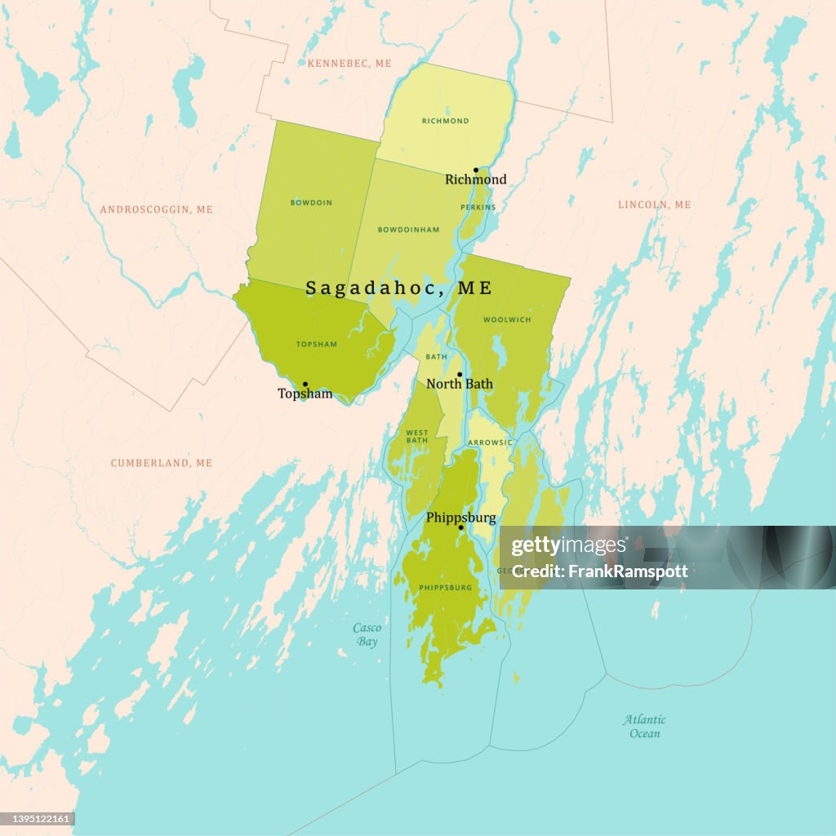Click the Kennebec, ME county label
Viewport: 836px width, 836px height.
(349, 63)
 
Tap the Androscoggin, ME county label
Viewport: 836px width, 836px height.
(156, 210)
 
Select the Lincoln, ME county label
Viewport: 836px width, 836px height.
(654, 205)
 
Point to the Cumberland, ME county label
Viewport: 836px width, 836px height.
(162, 463)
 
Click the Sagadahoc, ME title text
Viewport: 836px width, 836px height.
(398, 288)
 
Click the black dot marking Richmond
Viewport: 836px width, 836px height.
(476, 171)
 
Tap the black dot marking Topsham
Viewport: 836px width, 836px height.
(305, 384)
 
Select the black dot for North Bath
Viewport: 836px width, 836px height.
(460, 375)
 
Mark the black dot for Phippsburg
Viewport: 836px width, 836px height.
(460, 527)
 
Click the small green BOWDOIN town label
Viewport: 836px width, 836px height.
(311, 202)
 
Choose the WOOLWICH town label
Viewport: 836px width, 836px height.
(507, 320)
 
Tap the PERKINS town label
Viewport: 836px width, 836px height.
(478, 207)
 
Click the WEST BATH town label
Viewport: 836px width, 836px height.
(416, 436)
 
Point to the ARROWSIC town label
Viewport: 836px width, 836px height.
(490, 442)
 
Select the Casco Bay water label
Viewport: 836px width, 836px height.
(367, 634)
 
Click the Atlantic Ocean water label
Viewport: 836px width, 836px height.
(644, 726)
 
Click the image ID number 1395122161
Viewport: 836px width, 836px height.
(38, 819)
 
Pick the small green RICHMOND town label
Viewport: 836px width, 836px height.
(445, 121)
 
